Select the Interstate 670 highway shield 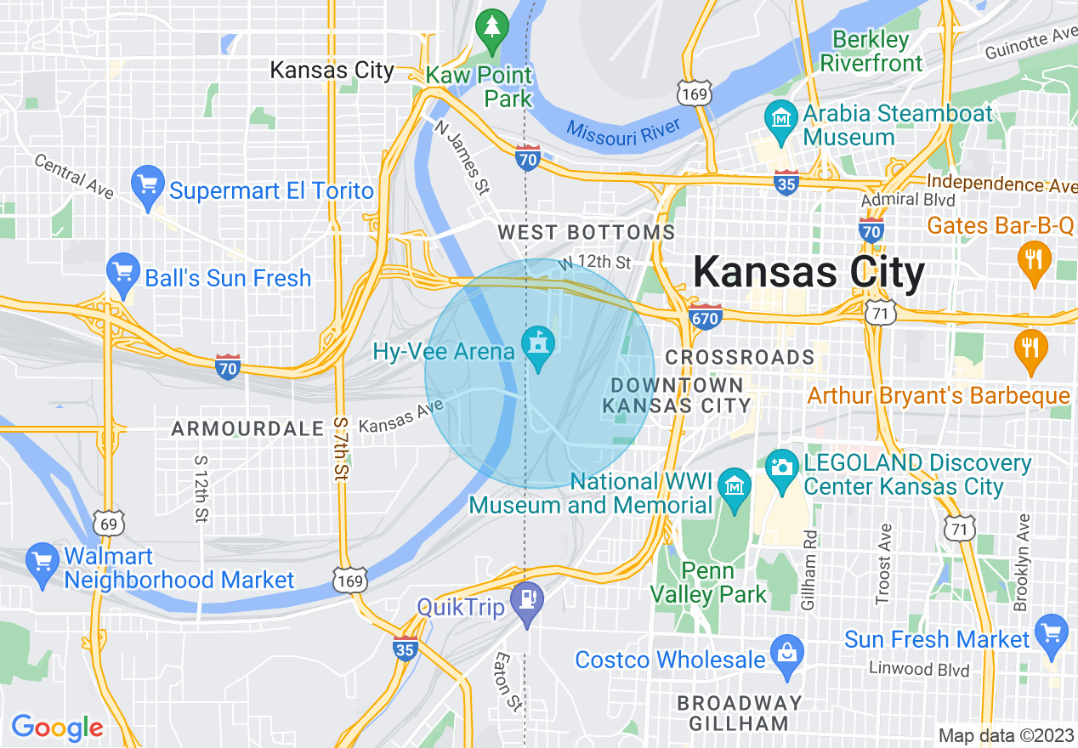706,318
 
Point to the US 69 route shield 109,524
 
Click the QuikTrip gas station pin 527,603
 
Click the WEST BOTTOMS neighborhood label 586,232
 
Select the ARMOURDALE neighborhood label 247,429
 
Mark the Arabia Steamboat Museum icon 780,119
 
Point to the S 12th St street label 201,489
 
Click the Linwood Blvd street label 919,669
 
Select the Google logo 57,728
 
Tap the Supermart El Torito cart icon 149,184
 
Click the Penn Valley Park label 709,582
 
